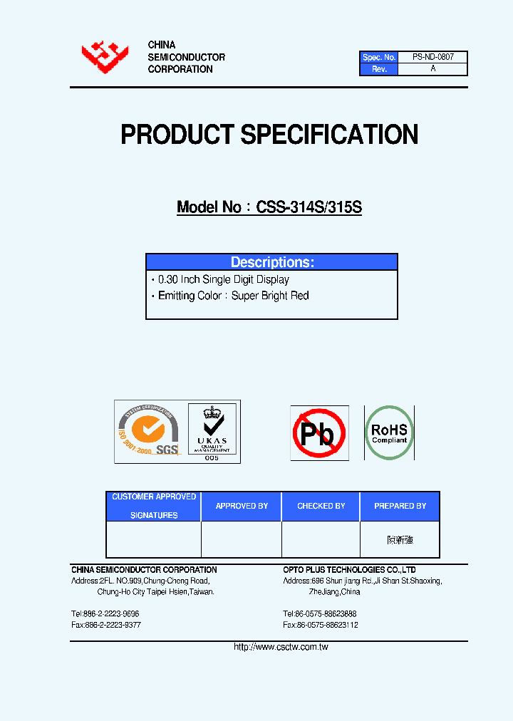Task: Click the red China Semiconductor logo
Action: pyautogui.click(x=105, y=57)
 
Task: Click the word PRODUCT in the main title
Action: pyautogui.click(x=177, y=135)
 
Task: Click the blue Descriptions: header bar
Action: pyautogui.click(x=271, y=262)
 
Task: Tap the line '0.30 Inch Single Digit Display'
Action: pyautogui.click(x=223, y=280)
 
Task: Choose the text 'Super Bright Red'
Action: pyautogui.click(x=270, y=296)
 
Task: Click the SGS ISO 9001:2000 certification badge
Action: pyautogui.click(x=149, y=431)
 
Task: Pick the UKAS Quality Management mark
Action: pyautogui.click(x=212, y=431)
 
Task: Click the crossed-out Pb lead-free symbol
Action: pyautogui.click(x=319, y=432)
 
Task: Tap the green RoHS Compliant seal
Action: pyautogui.click(x=389, y=432)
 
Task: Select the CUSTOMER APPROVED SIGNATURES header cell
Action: pyautogui.click(x=154, y=506)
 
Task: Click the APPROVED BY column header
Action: pyautogui.click(x=242, y=506)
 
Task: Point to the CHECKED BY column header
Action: pyautogui.click(x=321, y=506)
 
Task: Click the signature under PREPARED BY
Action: pyautogui.click(x=400, y=540)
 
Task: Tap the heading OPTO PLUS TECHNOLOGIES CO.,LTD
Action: pyautogui.click(x=349, y=570)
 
